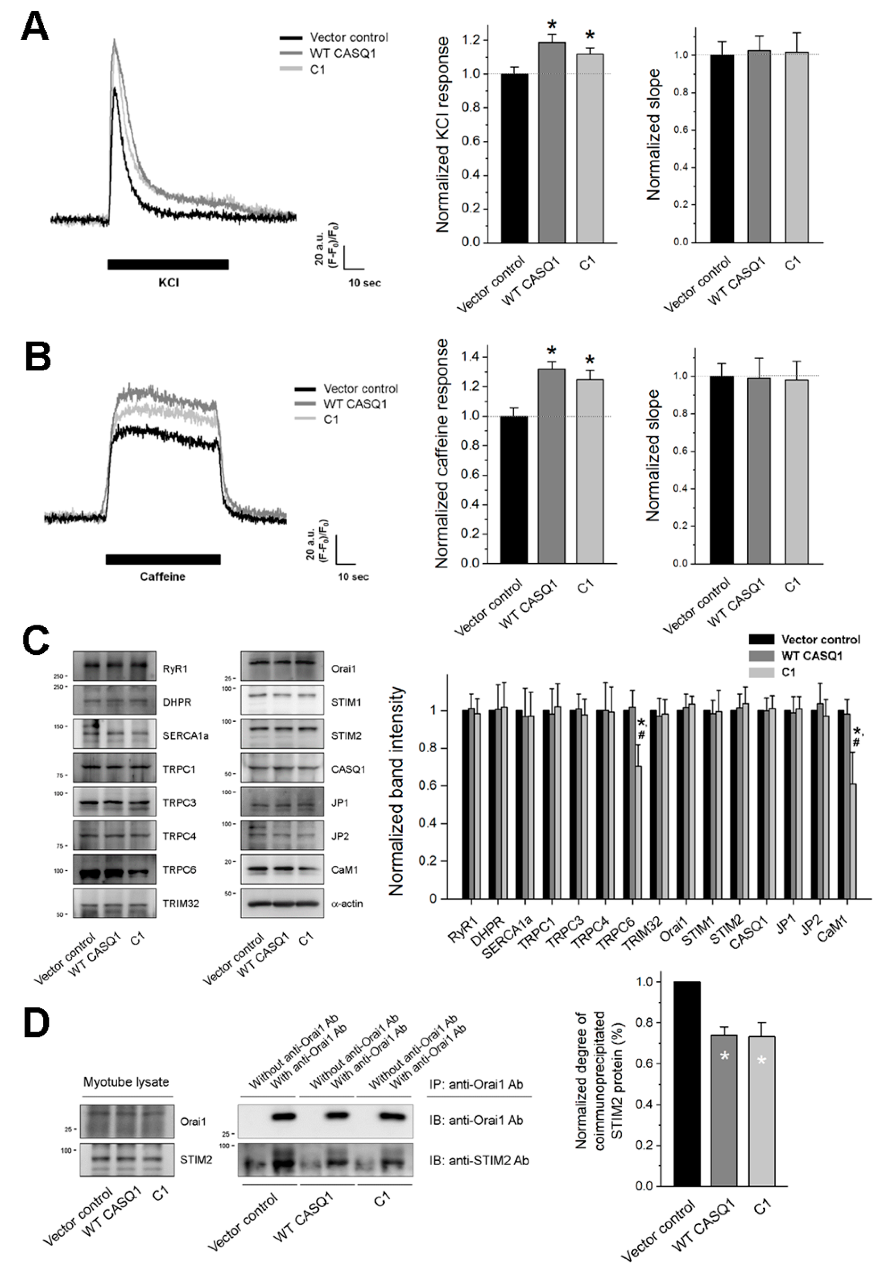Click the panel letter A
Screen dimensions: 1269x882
[34, 26]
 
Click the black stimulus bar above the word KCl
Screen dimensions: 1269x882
[168, 264]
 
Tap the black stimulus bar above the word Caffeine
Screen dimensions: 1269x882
[163, 559]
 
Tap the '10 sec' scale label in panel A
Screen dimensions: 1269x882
[364, 283]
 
